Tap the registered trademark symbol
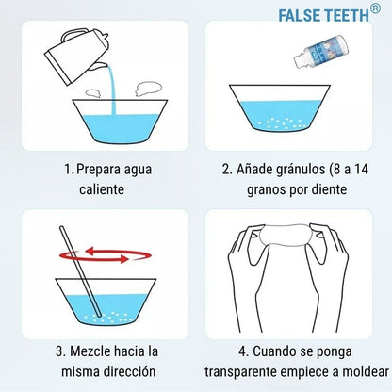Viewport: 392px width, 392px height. click(374, 9)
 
